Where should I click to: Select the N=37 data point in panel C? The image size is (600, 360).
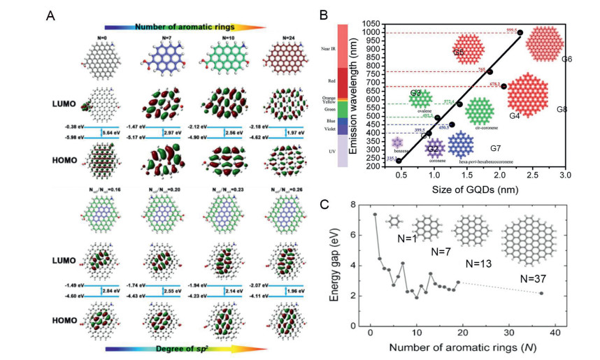541,293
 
